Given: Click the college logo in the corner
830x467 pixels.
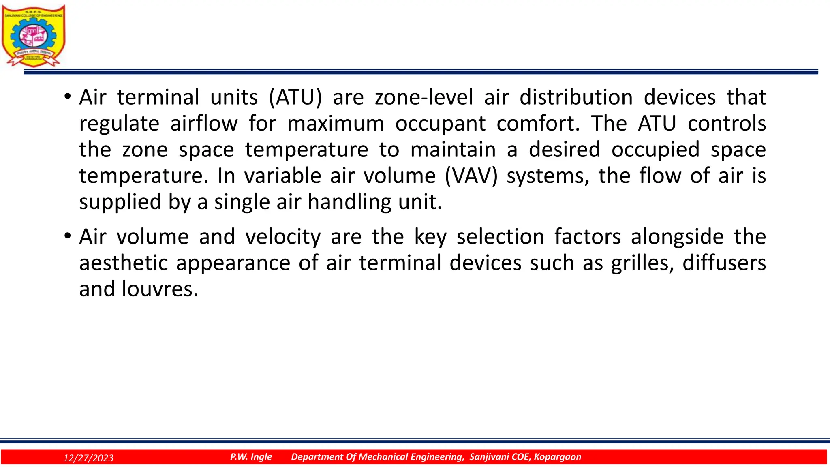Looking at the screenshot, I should tap(33, 36).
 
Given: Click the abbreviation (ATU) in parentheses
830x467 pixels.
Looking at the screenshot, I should tap(295, 97).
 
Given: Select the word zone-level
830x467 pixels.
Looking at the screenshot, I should tap(424, 97).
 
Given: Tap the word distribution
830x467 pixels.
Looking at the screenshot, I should tap(576, 97).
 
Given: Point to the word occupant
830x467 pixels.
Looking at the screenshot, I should tap(440, 124).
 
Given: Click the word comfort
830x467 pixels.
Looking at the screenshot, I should tap(538, 124).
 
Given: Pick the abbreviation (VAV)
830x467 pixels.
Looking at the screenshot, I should tap(471, 176).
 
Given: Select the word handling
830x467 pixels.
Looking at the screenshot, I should tap(349, 202).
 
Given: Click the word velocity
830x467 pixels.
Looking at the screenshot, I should tap(283, 237).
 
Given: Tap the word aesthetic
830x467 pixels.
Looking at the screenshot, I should tap(123, 263).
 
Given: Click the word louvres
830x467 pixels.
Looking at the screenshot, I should tap(160, 289).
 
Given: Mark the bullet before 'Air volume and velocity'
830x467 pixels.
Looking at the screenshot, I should tap(67, 236).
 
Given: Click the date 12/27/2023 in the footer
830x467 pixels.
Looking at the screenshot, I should tap(88, 458).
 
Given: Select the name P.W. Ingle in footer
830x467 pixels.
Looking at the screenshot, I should tap(251, 457).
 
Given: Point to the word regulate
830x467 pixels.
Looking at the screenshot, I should tap(119, 124).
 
